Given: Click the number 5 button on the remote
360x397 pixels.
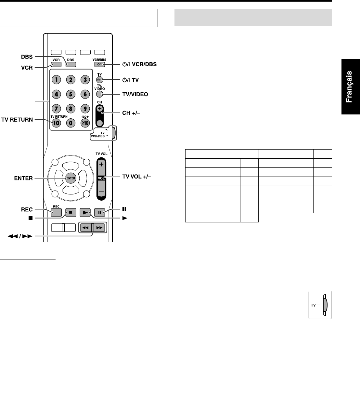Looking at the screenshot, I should pos(71,94).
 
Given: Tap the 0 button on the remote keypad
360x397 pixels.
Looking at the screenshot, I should pos(71,123).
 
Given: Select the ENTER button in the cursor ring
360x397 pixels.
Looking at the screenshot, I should pos(71,178).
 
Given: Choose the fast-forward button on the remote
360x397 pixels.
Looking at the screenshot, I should pos(99,228).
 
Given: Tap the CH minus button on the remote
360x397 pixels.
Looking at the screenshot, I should pos(100,123).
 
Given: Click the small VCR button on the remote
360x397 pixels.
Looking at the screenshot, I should pos(56,64).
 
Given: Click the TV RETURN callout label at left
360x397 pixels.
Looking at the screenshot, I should pos(17,120).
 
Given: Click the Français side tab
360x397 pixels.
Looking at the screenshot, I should pos(350,87).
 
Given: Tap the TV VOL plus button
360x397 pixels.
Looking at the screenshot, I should pos(101,165).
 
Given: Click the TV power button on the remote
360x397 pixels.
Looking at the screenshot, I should pos(99,80).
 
